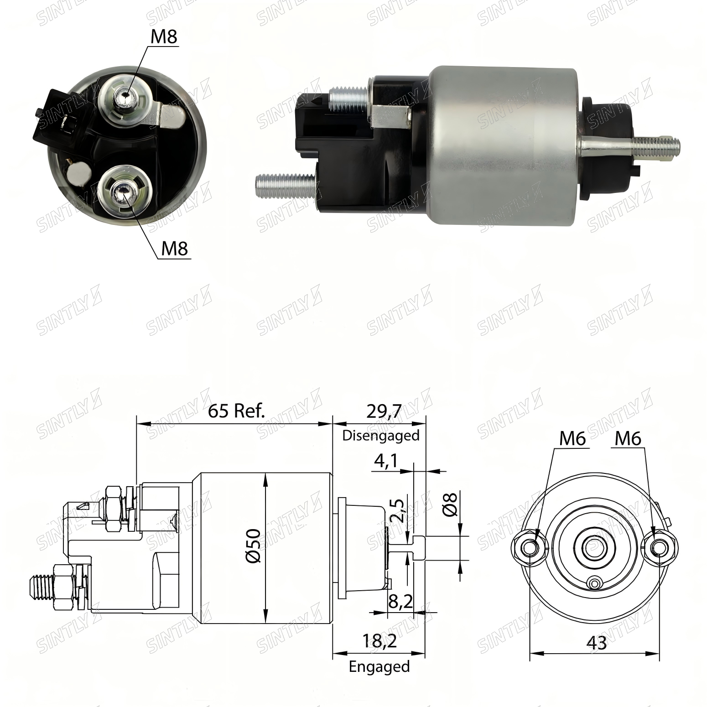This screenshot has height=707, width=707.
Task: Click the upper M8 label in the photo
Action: (164, 36)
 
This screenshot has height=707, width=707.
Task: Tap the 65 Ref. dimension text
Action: (236, 411)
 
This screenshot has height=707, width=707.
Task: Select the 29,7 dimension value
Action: (384, 411)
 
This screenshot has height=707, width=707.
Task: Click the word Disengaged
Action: (381, 435)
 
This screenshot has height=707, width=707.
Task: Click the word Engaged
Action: (379, 666)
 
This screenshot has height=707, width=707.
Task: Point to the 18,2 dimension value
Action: (379, 641)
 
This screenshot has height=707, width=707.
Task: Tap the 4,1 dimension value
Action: (386, 461)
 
